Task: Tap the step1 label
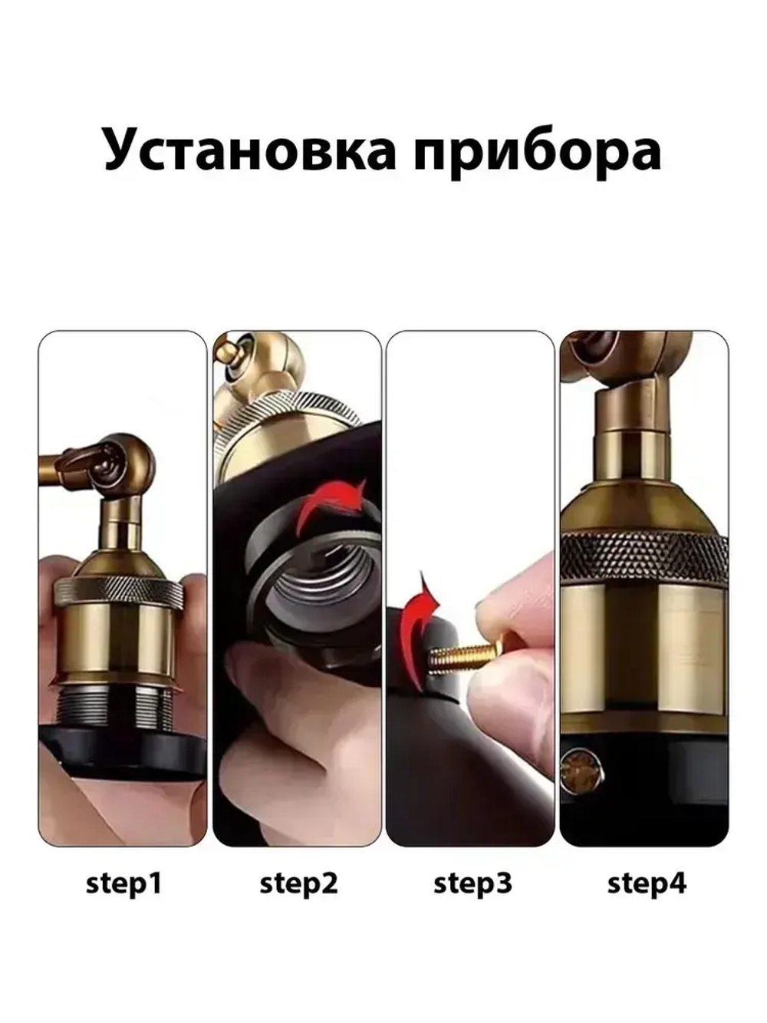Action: pyautogui.click(x=123, y=883)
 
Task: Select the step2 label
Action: pyautogui.click(x=298, y=883)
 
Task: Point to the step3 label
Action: pyautogui.click(x=472, y=883)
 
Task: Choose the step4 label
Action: pyautogui.click(x=647, y=883)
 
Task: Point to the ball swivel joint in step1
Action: pyautogui.click(x=127, y=464)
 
